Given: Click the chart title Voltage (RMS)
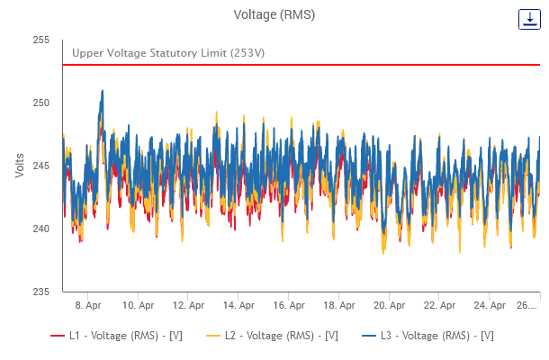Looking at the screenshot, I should (x=274, y=14).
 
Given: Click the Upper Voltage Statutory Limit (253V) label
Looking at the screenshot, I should (x=168, y=53).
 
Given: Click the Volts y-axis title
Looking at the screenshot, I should (x=20, y=165).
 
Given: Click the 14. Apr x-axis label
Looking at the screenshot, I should (x=237, y=305).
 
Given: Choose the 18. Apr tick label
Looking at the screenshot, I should (x=337, y=305).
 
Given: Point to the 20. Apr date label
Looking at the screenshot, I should (x=388, y=305).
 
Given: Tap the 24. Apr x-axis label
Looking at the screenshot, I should (x=488, y=305).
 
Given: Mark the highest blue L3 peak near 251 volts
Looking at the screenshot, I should (x=103, y=91).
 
